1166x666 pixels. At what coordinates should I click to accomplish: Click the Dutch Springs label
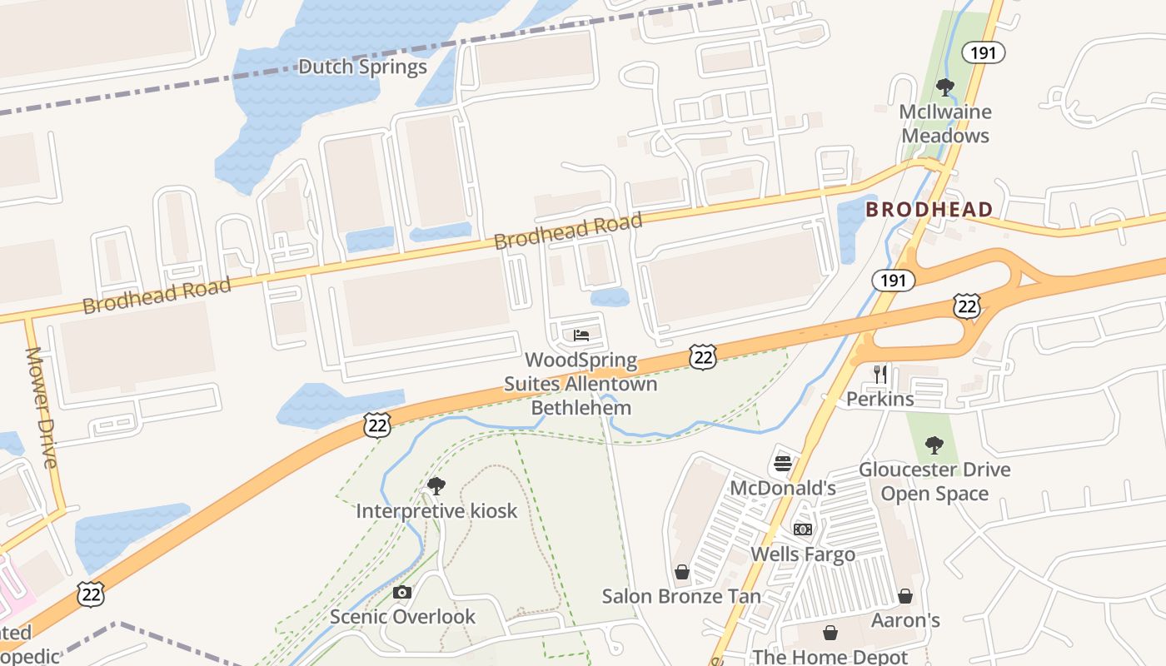pos(362,67)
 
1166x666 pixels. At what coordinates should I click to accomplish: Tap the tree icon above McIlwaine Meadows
pos(944,87)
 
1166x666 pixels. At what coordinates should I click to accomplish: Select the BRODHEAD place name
pos(929,209)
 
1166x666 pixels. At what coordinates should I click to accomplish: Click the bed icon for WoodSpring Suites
pos(581,335)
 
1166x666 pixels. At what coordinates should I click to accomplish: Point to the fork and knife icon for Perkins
pos(880,374)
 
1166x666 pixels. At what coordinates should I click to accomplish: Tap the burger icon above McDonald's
pos(782,463)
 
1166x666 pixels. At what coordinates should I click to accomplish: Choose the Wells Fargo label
pos(803,554)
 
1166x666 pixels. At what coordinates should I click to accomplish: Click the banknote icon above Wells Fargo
pos(802,529)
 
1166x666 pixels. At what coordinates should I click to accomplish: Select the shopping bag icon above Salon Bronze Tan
pos(682,572)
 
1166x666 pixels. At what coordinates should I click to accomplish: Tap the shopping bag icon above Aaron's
pos(905,596)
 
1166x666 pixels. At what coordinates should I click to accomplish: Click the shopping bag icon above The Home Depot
pos(830,633)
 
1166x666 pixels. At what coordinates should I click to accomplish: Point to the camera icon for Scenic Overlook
pos(402,593)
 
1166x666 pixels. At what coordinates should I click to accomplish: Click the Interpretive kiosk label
pos(436,510)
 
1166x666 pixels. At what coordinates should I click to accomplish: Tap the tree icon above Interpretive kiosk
pos(436,486)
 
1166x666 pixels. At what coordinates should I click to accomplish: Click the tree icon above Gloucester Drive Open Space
pos(934,445)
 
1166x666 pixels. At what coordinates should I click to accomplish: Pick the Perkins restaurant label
pos(880,399)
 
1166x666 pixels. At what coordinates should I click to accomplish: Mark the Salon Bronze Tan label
pos(681,596)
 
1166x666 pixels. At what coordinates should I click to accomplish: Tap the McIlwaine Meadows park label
pos(945,123)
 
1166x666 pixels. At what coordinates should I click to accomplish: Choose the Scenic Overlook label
pos(402,617)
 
